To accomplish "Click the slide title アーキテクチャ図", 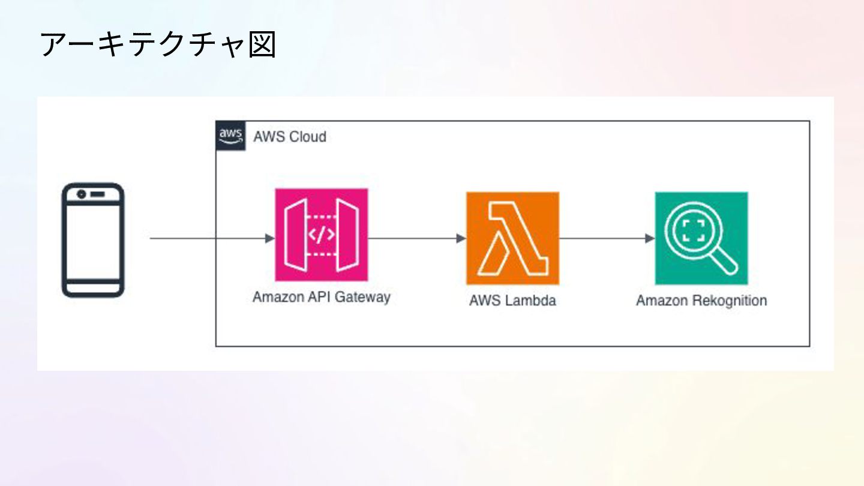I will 158,45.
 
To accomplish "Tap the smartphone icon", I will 93,239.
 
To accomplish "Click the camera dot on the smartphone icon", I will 82,194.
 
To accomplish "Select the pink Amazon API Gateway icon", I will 321,235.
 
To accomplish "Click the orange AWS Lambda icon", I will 512,238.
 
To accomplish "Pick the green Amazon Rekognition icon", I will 701,238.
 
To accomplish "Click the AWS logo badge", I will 230,136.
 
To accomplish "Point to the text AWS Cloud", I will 290,137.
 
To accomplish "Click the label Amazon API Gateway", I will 321,297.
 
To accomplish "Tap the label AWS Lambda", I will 512,301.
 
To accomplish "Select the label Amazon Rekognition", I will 701,301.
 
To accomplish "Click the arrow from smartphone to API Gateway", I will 210,238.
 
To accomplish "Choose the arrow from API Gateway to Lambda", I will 416,238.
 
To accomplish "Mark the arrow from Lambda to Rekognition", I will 606,238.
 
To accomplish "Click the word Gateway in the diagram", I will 364,297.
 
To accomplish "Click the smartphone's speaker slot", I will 98,194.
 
